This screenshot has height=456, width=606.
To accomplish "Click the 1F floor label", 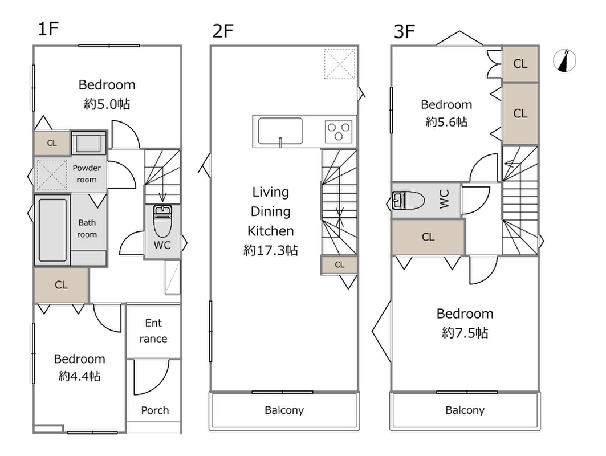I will (48, 30).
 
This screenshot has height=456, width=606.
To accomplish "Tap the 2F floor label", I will (223, 31).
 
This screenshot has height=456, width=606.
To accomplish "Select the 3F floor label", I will (404, 31).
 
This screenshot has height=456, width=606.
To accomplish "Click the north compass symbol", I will (565, 61).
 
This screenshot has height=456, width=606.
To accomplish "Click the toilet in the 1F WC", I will (162, 223).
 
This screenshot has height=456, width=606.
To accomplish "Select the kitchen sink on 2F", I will (280, 132).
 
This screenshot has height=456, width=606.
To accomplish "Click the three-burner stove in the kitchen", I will (339, 132).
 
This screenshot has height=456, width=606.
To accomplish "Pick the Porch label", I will (154, 410).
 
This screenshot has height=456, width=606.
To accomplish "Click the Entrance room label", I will (153, 331).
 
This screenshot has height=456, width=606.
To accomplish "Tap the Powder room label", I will (87, 174).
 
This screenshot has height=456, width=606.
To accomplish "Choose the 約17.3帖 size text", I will (270, 250).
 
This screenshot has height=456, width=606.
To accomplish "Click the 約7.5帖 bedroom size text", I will (465, 333).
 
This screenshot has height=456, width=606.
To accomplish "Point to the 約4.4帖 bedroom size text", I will (80, 376).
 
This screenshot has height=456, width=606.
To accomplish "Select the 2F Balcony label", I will (284, 410).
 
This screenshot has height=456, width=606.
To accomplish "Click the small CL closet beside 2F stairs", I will (339, 264).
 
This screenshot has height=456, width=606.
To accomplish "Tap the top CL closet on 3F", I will (520, 64).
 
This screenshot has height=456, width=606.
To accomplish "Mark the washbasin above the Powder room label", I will (88, 142).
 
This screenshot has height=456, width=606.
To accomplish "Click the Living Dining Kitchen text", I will (270, 211).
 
